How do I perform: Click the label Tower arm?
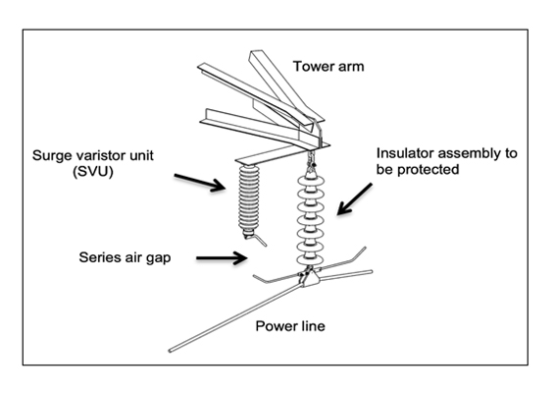(328, 67)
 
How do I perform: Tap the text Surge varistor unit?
(93, 156)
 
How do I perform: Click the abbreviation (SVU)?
(93, 172)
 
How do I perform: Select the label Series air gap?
(125, 257)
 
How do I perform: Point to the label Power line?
(290, 326)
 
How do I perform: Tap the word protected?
(428, 170)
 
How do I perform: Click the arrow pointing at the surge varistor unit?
(200, 183)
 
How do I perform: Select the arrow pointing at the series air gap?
(222, 257)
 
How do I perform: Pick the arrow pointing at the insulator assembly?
(354, 198)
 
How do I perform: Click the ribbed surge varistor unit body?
(249, 197)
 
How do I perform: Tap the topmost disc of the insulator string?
(311, 181)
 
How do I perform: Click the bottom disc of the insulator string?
(310, 260)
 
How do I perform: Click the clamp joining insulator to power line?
(309, 277)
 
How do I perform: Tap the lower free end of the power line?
(170, 351)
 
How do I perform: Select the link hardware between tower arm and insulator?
(312, 161)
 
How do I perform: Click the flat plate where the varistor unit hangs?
(265, 155)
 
